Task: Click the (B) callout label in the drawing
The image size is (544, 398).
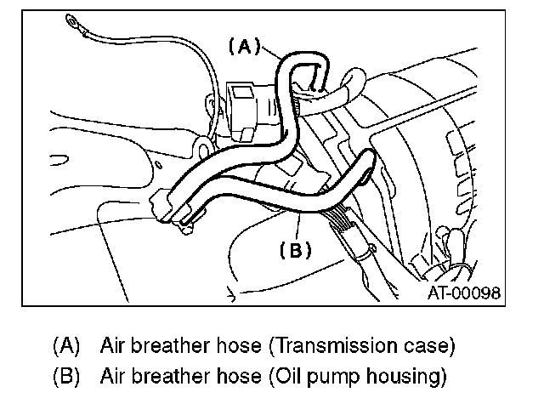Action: (297, 250)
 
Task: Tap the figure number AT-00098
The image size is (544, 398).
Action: (462, 293)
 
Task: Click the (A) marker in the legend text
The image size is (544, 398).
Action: (66, 346)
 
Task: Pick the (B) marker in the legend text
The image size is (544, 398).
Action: (66, 375)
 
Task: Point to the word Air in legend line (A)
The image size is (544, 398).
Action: (113, 346)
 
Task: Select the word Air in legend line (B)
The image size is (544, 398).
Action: (113, 375)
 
